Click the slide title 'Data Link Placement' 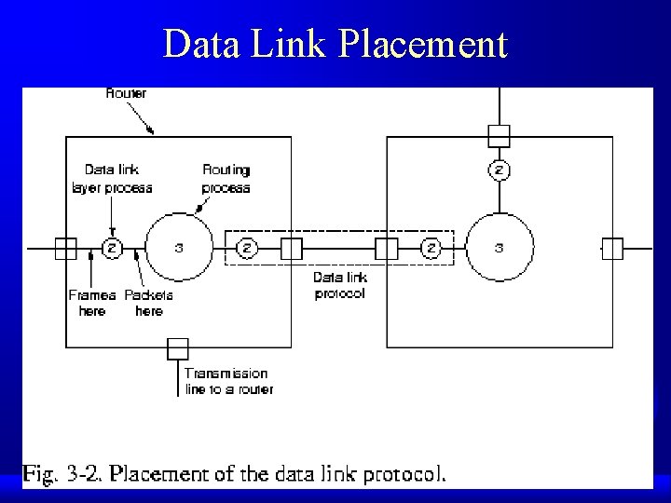point(335,44)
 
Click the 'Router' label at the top point(127,93)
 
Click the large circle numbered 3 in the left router point(179,248)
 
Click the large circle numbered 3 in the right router point(500,248)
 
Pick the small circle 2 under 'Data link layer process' point(111,248)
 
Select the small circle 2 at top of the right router point(500,170)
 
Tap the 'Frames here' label point(92,303)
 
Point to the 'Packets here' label point(149,303)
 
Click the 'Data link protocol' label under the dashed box point(339,285)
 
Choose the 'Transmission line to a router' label point(229,381)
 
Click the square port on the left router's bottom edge point(177,349)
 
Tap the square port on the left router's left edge point(65,248)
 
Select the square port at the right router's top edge point(500,136)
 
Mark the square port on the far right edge point(612,248)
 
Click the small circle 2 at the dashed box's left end point(248,248)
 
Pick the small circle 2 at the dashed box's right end point(431,248)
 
